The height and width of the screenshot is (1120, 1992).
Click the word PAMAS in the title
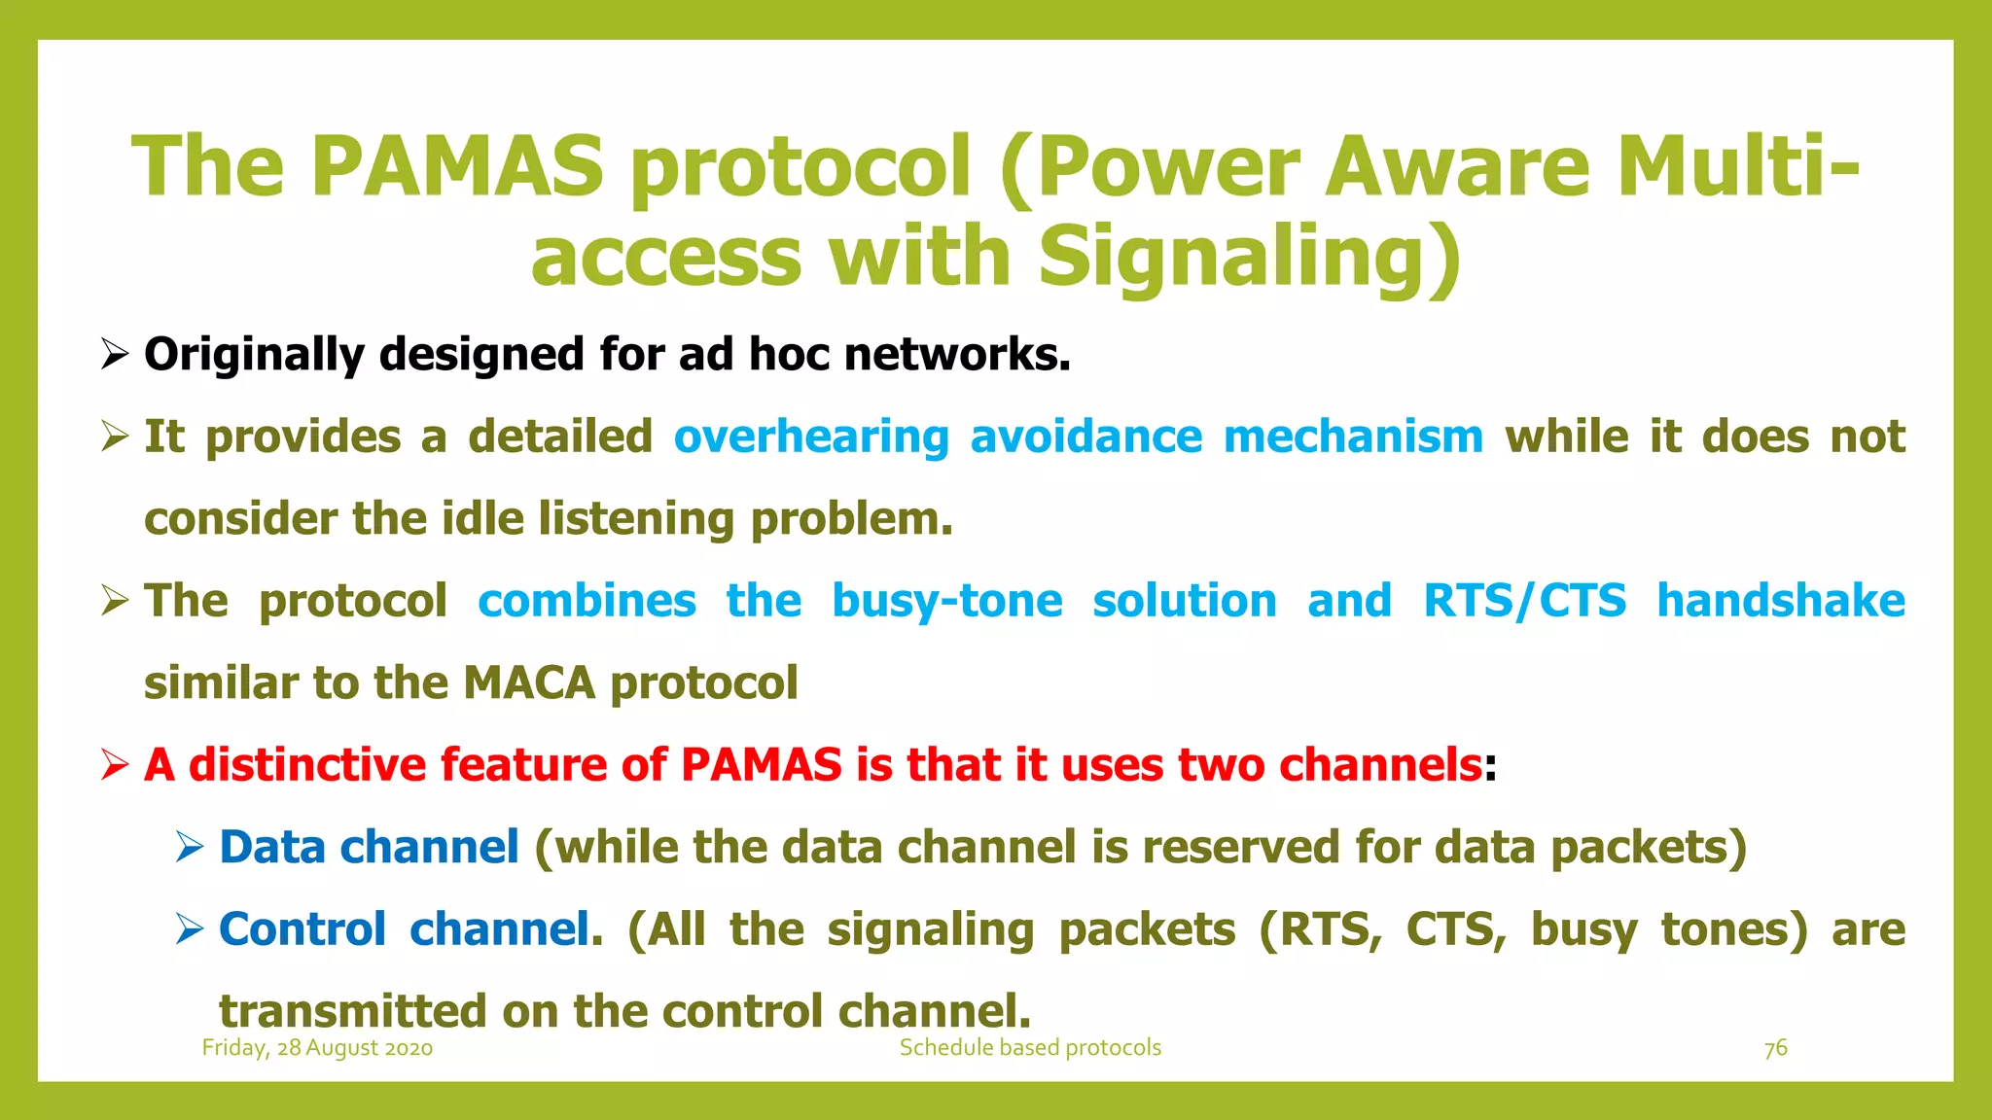(x=457, y=166)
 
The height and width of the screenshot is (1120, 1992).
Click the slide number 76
(x=1775, y=1048)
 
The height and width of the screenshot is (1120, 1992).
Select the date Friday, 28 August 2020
(x=317, y=1048)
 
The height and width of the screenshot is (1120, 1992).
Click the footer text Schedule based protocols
(x=1030, y=1048)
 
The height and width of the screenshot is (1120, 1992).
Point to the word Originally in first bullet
(x=254, y=355)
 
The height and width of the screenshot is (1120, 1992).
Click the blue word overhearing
(x=811, y=437)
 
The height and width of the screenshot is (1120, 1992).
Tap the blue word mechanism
(x=1353, y=437)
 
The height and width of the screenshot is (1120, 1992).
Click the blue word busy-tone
(x=946, y=601)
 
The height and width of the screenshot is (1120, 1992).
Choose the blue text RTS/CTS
(x=1524, y=601)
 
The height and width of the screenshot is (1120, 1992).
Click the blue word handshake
(x=1781, y=601)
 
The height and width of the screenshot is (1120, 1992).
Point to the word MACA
(x=528, y=682)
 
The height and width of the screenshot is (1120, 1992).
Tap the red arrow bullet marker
(x=115, y=765)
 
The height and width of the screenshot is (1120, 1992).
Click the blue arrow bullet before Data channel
(x=190, y=847)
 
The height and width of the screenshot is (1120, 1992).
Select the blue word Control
(x=302, y=929)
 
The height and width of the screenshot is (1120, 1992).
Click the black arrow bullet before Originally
(x=115, y=355)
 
